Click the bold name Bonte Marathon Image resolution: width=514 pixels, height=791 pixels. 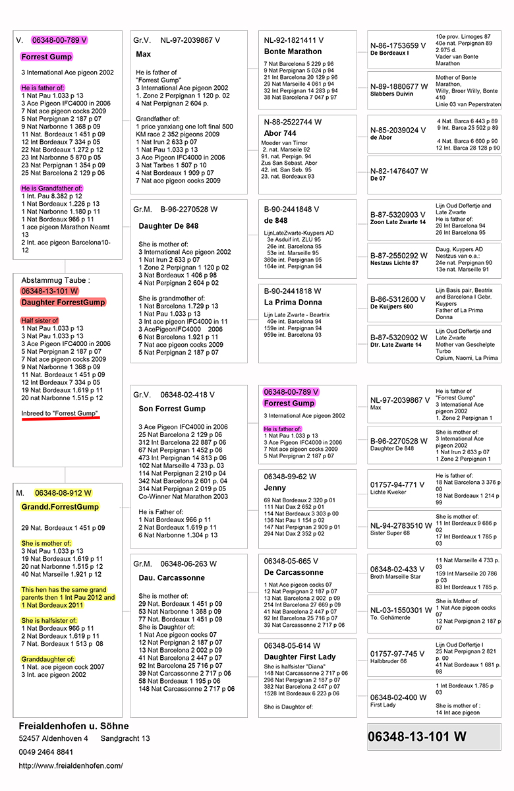coord(293,51)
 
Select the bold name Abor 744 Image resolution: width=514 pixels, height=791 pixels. coord(280,133)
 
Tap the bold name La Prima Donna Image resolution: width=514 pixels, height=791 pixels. coord(293,303)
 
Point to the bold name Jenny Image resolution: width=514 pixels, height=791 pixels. coord(275,488)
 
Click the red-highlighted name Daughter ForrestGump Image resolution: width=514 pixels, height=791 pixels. coord(63,302)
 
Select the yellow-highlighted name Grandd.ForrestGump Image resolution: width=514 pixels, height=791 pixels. coord(60,507)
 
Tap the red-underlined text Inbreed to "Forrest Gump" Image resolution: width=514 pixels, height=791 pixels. coord(60,413)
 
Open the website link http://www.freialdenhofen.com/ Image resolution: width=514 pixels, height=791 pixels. coord(71,765)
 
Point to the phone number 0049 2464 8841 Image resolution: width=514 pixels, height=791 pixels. coord(46,752)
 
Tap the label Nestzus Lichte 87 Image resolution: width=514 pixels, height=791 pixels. coord(394,263)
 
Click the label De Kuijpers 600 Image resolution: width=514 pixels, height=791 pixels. coord(391,307)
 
